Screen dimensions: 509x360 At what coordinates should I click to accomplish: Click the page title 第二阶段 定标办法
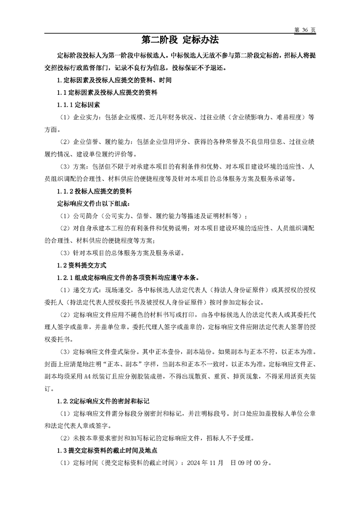[x=180, y=40]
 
